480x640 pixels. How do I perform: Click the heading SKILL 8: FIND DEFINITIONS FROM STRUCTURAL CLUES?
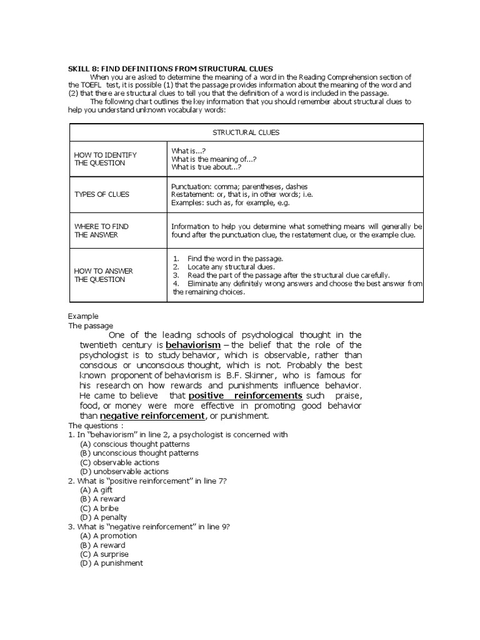click(171, 68)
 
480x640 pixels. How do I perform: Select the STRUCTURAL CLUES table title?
click(246, 132)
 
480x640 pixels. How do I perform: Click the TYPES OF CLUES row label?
click(102, 194)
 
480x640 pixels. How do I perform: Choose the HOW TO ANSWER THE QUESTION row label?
click(100, 275)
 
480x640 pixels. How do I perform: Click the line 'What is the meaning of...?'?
click(213, 159)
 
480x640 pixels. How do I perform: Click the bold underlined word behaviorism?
click(193, 345)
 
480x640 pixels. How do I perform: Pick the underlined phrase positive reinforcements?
click(245, 396)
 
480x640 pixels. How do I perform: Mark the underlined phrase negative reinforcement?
click(152, 416)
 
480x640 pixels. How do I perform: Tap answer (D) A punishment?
click(111, 563)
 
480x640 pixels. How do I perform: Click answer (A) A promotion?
click(108, 536)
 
